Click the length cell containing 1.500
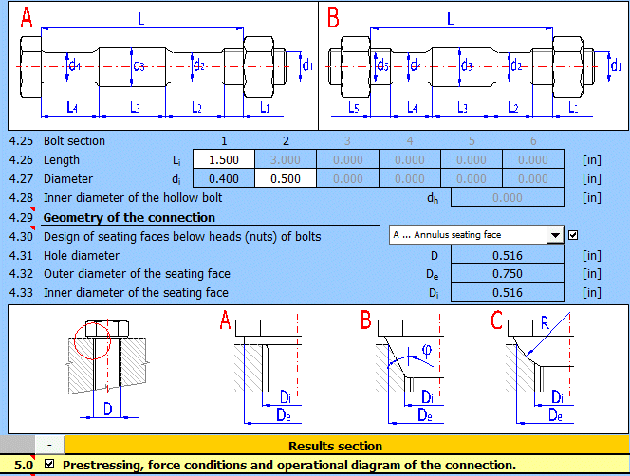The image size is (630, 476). [223, 159]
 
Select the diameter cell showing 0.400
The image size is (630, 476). [223, 178]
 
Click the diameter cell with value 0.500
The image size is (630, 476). [286, 178]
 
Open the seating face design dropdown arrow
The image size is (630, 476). [555, 235]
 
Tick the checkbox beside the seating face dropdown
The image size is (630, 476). [573, 235]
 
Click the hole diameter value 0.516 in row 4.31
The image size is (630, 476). [508, 255]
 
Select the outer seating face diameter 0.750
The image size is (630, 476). [508, 274]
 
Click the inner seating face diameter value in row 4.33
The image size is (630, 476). [508, 293]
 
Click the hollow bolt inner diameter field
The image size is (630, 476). [508, 197]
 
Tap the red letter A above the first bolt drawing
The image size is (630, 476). [26, 18]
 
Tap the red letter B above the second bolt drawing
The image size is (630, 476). [334, 18]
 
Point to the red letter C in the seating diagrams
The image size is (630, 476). [497, 321]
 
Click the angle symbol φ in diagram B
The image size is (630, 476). [426, 350]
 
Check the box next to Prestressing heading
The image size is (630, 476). [49, 465]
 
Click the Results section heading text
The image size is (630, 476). [335, 446]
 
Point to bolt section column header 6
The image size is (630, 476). [533, 141]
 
